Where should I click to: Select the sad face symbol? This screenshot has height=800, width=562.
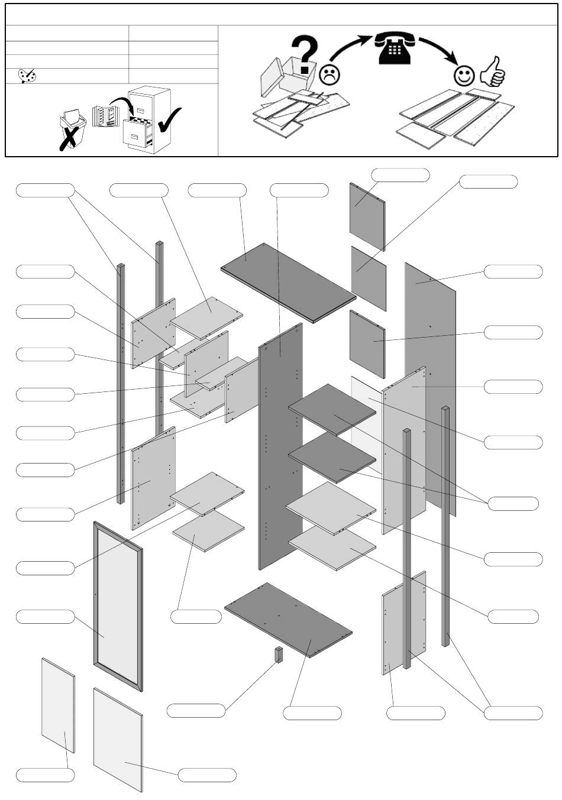click(330, 75)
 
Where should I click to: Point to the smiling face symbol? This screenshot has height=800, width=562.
click(464, 75)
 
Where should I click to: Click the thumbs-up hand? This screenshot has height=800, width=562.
click(493, 72)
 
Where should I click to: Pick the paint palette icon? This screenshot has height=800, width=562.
click(27, 76)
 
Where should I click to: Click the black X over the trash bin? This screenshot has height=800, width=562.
click(70, 138)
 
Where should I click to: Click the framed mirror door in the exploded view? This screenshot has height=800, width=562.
click(118, 606)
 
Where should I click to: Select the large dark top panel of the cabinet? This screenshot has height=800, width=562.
click(289, 281)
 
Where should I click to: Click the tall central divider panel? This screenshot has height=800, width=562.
click(280, 446)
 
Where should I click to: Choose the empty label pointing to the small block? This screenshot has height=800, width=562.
click(196, 710)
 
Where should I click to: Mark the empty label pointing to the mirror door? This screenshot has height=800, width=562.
click(45, 617)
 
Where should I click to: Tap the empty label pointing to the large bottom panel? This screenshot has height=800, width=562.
click(312, 712)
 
